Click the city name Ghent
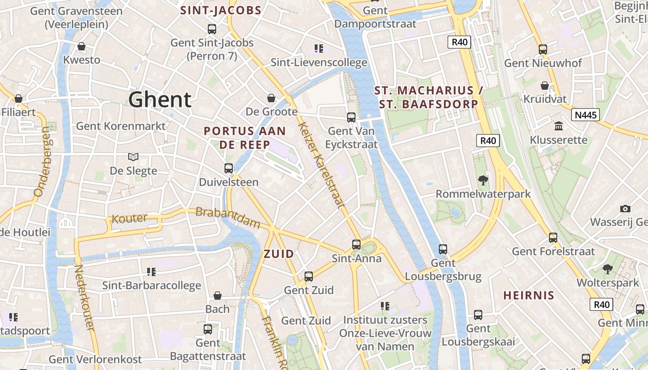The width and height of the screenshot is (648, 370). [160, 99]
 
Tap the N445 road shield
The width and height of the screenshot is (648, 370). [585, 115]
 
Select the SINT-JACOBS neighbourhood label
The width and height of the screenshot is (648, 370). [221, 10]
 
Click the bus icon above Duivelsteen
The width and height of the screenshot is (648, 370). [229, 168]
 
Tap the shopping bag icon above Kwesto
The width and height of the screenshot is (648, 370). [81, 46]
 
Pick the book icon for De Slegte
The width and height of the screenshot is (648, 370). [133, 157]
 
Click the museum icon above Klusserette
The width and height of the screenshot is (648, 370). [559, 126]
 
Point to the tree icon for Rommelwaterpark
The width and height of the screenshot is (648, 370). [483, 180]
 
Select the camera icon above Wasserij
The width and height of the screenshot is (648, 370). [625, 209]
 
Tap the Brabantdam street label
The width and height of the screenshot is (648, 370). [228, 217]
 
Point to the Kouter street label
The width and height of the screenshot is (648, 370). [130, 218]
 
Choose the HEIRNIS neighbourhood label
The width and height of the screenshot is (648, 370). [529, 296]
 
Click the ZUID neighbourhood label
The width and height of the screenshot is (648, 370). [279, 254]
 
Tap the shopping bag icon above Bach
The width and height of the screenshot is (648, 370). [218, 296]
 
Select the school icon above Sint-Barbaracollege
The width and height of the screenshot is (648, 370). [151, 271]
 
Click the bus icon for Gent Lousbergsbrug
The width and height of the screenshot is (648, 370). [443, 249]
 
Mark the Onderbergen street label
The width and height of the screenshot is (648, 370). [41, 161]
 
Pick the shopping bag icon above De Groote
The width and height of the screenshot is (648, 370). [271, 98]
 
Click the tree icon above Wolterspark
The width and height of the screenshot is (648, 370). [607, 269]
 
